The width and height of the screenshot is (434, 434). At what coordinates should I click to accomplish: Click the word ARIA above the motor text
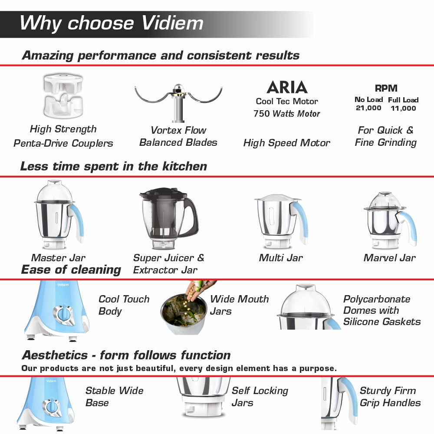287,87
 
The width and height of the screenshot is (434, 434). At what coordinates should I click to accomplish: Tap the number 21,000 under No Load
368,108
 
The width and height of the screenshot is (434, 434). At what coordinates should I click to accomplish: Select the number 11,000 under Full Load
403,108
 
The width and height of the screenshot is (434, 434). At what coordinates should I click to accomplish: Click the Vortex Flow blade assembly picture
178,102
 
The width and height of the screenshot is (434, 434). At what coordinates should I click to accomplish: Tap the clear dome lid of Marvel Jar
385,200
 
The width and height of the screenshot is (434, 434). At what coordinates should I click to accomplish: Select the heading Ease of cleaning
71,270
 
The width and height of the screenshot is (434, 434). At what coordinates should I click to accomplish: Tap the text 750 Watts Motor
287,114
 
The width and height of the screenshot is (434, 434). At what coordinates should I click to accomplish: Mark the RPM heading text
386,88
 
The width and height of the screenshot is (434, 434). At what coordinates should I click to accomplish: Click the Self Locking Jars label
260,397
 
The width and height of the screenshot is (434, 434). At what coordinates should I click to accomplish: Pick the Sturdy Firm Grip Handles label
390,397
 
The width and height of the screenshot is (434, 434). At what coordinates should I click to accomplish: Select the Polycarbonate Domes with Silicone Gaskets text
381,310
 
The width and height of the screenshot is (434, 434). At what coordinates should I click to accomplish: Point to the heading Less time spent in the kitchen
114,166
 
